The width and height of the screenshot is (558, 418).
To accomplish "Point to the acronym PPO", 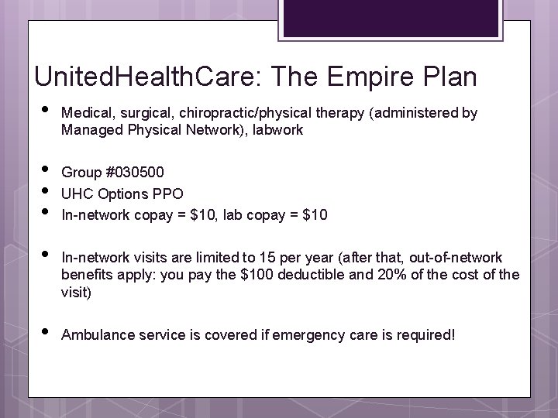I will pos(169,193).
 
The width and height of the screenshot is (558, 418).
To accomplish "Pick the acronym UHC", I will pos(75,193).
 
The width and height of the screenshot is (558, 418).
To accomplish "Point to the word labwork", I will pos(277,131).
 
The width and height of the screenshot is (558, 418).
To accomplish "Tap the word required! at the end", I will pos(425,335).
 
